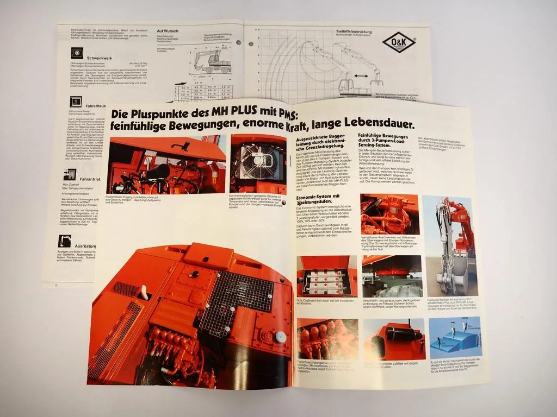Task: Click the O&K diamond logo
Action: click(399, 42)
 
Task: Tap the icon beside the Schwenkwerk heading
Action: click(77, 53)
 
